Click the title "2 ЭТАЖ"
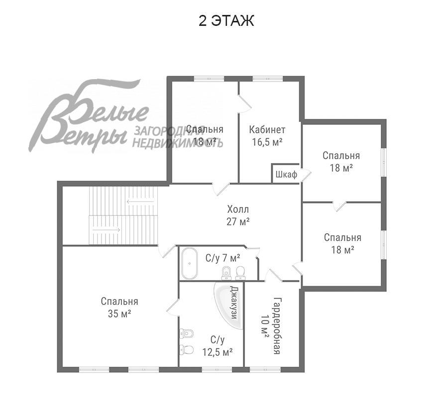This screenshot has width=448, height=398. pyautogui.click(x=226, y=21)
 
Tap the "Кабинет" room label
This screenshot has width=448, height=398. pyautogui.click(x=267, y=130)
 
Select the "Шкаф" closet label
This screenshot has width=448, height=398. pyautogui.click(x=286, y=174)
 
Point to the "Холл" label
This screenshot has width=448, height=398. pyautogui.click(x=238, y=209)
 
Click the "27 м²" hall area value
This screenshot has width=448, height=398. pyautogui.click(x=238, y=221)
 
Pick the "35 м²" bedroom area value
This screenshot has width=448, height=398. pyautogui.click(x=119, y=314)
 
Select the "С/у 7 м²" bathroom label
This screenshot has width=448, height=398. pyautogui.click(x=223, y=258)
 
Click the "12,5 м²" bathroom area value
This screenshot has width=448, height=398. pyautogui.click(x=217, y=352)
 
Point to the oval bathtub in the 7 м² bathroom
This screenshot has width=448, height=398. pyautogui.click(x=189, y=263)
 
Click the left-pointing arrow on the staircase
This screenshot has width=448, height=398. pyautogui.click(x=140, y=202)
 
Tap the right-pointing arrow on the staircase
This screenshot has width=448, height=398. pyautogui.click(x=106, y=229)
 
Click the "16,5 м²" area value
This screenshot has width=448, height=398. pyautogui.click(x=267, y=142)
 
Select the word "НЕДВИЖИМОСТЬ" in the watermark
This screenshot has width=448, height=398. pyautogui.click(x=177, y=142)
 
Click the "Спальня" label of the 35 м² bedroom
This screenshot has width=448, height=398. pyautogui.click(x=119, y=301)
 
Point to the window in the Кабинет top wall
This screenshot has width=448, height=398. pyautogui.click(x=267, y=79)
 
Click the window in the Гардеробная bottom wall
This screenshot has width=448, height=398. pyautogui.click(x=265, y=370)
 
